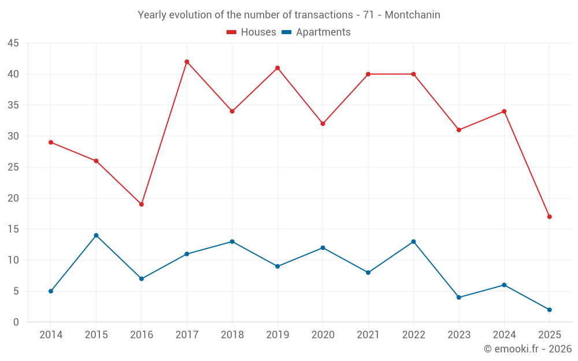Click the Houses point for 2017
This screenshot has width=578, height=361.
[187, 62]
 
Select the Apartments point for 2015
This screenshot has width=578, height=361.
[96, 235]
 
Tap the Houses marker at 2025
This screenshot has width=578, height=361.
[549, 217]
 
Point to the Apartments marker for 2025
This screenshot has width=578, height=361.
[549, 310]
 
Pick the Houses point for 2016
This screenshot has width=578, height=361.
[141, 204]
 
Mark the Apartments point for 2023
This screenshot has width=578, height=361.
[458, 297]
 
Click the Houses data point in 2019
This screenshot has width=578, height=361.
[277, 68]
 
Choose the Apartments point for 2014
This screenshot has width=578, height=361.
[51, 291]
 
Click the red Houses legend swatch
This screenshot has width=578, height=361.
[231, 32]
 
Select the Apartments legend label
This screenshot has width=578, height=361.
[323, 32]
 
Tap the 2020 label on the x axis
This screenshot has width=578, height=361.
[323, 334]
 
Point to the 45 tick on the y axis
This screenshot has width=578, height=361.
[13, 43]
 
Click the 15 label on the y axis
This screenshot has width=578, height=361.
[13, 229]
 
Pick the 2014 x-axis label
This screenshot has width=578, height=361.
[51, 334]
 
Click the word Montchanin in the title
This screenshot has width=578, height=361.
[412, 15]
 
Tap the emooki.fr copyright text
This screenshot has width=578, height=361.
[528, 349]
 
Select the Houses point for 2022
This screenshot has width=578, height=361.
[413, 74]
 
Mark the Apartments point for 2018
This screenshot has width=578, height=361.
[232, 241]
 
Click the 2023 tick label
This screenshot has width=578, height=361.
[458, 334]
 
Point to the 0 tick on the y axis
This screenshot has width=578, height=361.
[16, 322]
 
